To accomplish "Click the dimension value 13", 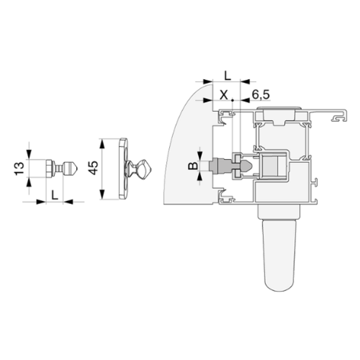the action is (x=19, y=168).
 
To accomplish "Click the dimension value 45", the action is (x=94, y=168).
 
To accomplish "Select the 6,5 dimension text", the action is (x=261, y=95).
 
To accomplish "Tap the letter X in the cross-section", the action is (x=224, y=95).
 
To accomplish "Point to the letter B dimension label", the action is (x=193, y=166).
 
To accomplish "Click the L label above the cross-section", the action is (x=227, y=76).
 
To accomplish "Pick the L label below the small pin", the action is (x=55, y=195).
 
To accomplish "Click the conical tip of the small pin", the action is (x=74, y=168).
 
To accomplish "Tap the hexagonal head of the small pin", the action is (x=49, y=168).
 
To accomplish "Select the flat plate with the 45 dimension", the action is (x=123, y=169).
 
